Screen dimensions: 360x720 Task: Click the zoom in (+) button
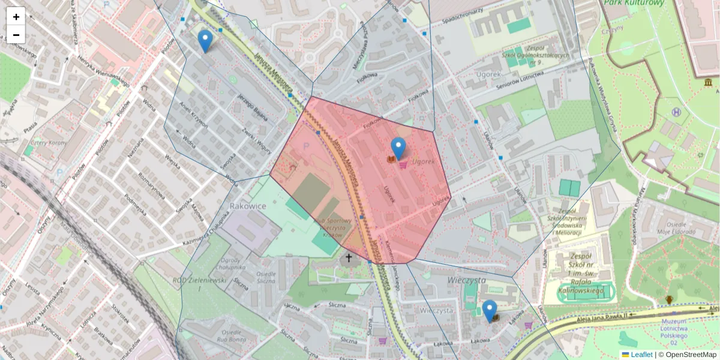coord(16,17)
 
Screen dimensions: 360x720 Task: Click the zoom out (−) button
coord(16,35)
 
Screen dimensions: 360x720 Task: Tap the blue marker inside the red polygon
coord(398,148)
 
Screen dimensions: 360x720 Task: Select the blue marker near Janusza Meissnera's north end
coord(205,41)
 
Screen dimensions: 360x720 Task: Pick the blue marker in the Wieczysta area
coord(490,311)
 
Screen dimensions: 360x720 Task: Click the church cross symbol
coord(349,259)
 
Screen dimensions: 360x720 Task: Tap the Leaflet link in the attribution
coord(641,355)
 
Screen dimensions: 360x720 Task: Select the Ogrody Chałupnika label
coord(231,264)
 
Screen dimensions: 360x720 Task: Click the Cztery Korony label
coord(47,143)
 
